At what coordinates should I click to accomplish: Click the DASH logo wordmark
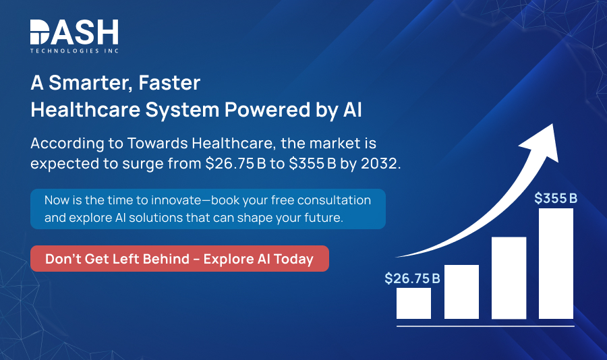74,32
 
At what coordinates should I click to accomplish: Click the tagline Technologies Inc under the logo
74,51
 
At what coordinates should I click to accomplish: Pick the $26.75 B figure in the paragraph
235,164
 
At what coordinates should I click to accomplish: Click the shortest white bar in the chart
413,303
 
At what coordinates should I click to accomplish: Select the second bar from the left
461,291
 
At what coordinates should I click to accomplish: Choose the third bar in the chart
509,278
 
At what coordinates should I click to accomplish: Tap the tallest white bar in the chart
556,264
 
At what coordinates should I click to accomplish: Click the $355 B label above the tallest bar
556,198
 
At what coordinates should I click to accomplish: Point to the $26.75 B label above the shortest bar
412,278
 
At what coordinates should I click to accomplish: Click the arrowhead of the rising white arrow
546,134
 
